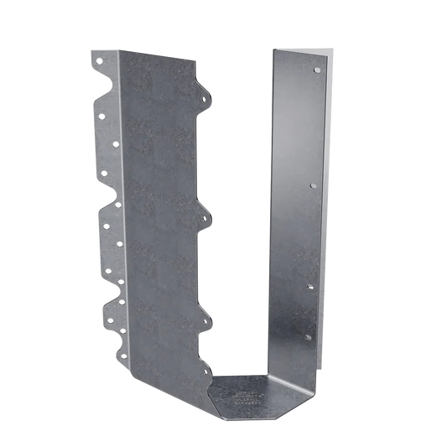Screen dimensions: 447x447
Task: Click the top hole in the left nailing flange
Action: coord(98,61)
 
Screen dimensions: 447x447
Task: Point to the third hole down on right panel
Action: coord(312,285)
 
